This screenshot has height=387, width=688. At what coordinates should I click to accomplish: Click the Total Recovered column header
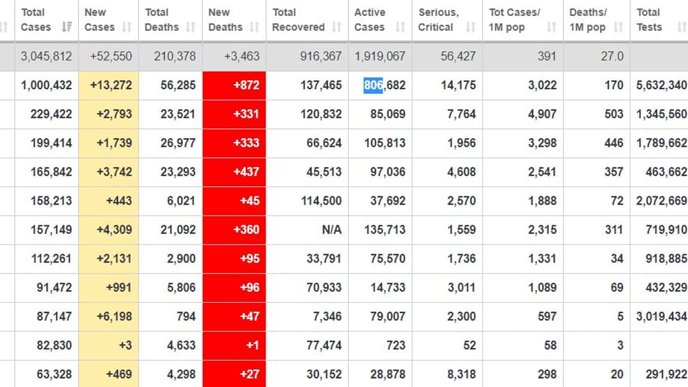point(299,20)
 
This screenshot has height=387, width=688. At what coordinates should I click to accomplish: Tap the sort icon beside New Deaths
point(255,28)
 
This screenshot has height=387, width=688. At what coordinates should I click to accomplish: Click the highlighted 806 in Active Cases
point(373,85)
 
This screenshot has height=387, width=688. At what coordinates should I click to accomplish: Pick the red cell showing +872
point(234,85)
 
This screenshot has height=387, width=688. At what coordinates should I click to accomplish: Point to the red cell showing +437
point(234,172)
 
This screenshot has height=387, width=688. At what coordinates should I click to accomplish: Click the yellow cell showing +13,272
point(108,85)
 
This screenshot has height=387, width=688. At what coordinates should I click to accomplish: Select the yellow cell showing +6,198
point(108,316)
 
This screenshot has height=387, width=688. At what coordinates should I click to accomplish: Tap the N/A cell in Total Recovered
point(331,230)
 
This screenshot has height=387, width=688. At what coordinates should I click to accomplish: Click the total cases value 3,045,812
point(46,56)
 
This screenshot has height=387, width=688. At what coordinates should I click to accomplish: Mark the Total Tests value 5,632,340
point(661,85)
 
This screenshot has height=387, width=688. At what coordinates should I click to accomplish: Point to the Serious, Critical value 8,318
point(461,374)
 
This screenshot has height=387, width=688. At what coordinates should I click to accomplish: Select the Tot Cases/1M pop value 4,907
point(542,114)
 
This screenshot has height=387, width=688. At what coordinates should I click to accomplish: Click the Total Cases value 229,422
point(51,114)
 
